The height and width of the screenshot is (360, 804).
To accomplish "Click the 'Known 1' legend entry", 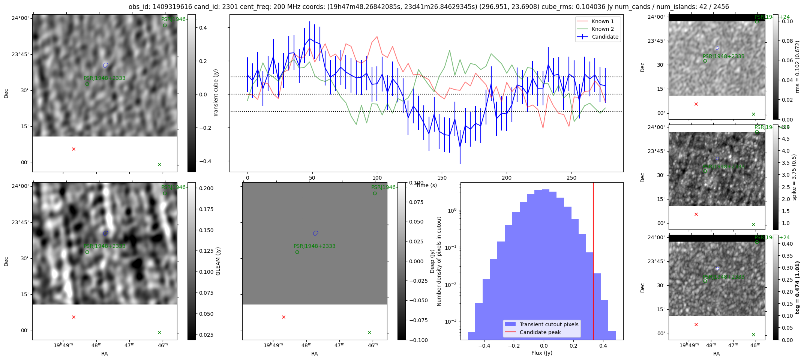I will pos(603,21).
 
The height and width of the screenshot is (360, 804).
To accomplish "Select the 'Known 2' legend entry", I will pos(603,29).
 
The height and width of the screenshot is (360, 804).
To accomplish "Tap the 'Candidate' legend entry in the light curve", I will pos(605,37).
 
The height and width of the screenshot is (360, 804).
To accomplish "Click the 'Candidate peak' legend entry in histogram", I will pos(540,332).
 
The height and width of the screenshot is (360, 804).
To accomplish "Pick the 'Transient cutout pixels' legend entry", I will pos(549,324).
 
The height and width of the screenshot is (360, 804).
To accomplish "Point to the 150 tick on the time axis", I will pos(442,178).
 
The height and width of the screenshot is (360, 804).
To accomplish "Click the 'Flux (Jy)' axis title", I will pos(541,353).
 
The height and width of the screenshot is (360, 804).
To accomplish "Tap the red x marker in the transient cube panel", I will pos(73,149).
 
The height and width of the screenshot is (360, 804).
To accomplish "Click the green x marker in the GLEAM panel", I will pos(159,332).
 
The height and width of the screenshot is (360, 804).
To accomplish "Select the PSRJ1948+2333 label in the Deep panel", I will pos(314,246).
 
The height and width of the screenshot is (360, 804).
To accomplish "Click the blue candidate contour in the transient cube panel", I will pos(106,65).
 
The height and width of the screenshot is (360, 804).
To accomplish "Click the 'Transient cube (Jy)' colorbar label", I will pos(216,93).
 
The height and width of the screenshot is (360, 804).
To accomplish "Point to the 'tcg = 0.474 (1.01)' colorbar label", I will pos(798,287).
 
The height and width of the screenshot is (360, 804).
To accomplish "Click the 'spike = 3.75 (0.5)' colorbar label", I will pos(794,177).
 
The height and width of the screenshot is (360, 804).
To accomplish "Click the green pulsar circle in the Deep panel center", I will pos(297,252).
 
